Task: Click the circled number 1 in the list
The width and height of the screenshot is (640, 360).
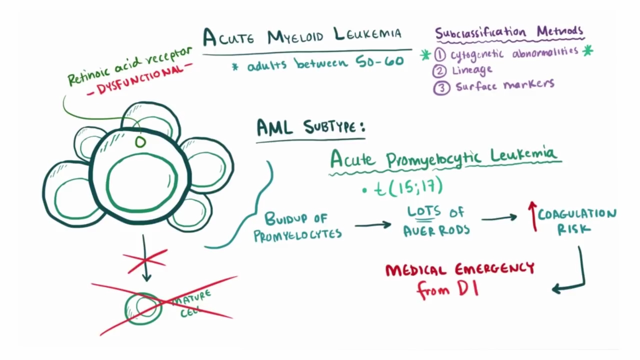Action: point(440,54)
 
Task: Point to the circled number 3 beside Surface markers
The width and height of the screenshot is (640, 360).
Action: point(441,88)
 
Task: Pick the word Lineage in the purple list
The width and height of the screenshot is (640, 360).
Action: point(472,70)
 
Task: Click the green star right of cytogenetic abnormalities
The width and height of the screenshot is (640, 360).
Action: point(587,50)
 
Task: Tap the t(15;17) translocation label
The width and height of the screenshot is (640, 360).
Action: point(408,186)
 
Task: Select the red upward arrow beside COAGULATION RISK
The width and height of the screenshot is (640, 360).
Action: point(533,216)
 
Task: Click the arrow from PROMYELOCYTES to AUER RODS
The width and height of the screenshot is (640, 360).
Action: point(372,224)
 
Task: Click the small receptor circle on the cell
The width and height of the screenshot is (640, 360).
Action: point(140,142)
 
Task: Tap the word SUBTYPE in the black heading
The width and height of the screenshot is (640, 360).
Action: point(334,127)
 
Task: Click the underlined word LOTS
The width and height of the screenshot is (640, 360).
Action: point(423,211)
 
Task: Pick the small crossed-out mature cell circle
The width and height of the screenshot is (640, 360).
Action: point(143,307)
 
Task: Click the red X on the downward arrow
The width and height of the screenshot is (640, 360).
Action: point(145,260)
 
